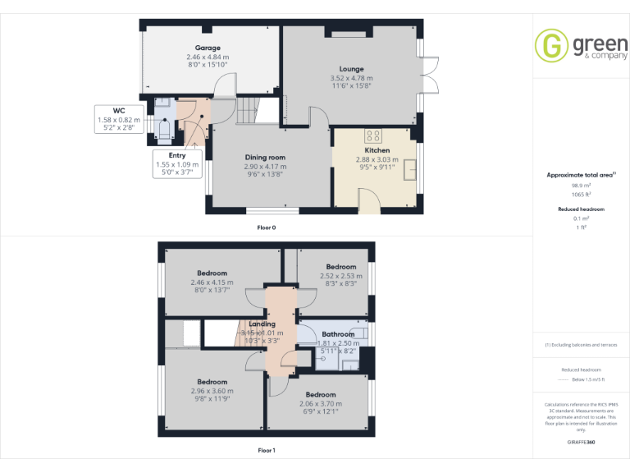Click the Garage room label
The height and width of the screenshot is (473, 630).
click(208, 48)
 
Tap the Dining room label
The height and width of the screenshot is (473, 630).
click(265, 157)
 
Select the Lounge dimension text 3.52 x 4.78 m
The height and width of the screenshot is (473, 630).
click(352, 78)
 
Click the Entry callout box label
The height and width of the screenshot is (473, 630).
click(177, 154)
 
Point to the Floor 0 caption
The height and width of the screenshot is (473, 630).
click(267, 227)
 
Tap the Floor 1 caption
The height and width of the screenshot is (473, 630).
click(267, 451)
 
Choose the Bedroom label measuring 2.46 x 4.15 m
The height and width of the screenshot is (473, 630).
click(212, 273)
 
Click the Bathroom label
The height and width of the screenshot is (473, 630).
click(338, 334)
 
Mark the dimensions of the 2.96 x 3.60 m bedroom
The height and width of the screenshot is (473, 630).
click(212, 391)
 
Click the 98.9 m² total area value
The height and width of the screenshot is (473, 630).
click(582, 186)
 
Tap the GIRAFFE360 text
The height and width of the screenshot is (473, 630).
click(582, 443)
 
